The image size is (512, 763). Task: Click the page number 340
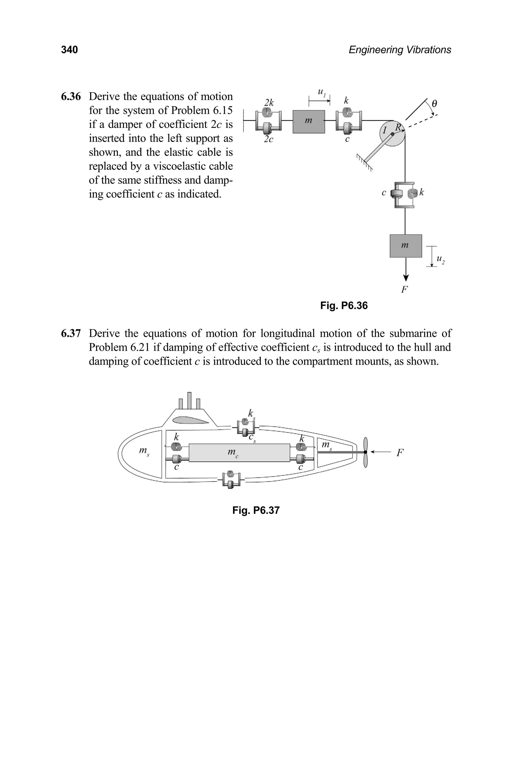pos(69,50)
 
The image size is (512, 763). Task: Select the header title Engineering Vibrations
pos(400,50)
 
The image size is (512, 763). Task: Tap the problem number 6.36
pos(70,97)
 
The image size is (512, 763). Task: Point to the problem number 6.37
pos(70,334)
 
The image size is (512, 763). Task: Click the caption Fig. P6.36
pos(344,306)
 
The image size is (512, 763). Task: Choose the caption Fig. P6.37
pos(256,510)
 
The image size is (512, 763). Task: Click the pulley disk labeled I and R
pos(392,134)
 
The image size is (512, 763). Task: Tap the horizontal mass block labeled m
pos(308,122)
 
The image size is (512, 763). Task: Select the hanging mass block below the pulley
pos(405,246)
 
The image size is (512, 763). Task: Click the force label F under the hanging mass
pos(404,289)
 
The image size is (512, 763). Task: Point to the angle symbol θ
pos(434,104)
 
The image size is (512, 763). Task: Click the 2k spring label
pos(269,103)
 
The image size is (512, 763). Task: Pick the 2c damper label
pos(268,140)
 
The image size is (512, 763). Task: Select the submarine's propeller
pos(366,452)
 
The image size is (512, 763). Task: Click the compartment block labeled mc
pos(239,453)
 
